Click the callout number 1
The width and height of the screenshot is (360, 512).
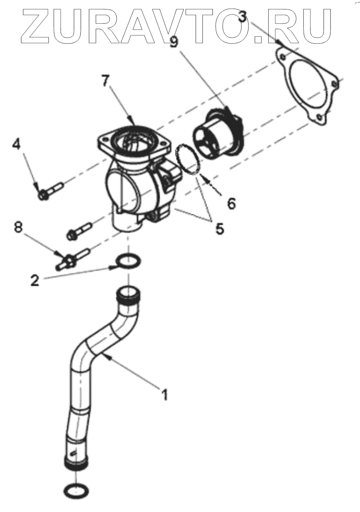pyautogui.click(x=165, y=394)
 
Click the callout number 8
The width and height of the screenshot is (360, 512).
pyautogui.click(x=19, y=227)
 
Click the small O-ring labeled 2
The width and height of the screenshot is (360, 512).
pyautogui.click(x=128, y=261)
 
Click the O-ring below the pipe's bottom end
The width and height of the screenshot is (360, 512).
pyautogui.click(x=76, y=490)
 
